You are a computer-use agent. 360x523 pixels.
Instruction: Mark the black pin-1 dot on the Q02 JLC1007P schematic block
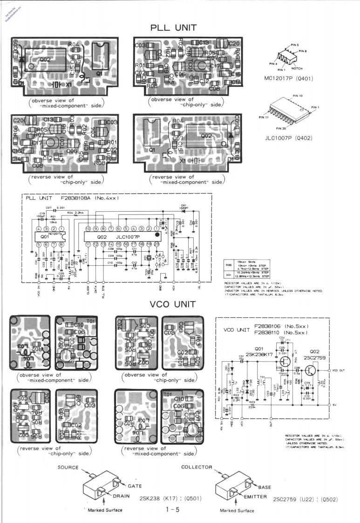pos(156,235)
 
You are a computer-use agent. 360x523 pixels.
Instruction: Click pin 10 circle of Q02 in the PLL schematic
pos(88,229)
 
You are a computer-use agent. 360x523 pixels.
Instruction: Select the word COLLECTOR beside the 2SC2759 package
pos(197,467)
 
